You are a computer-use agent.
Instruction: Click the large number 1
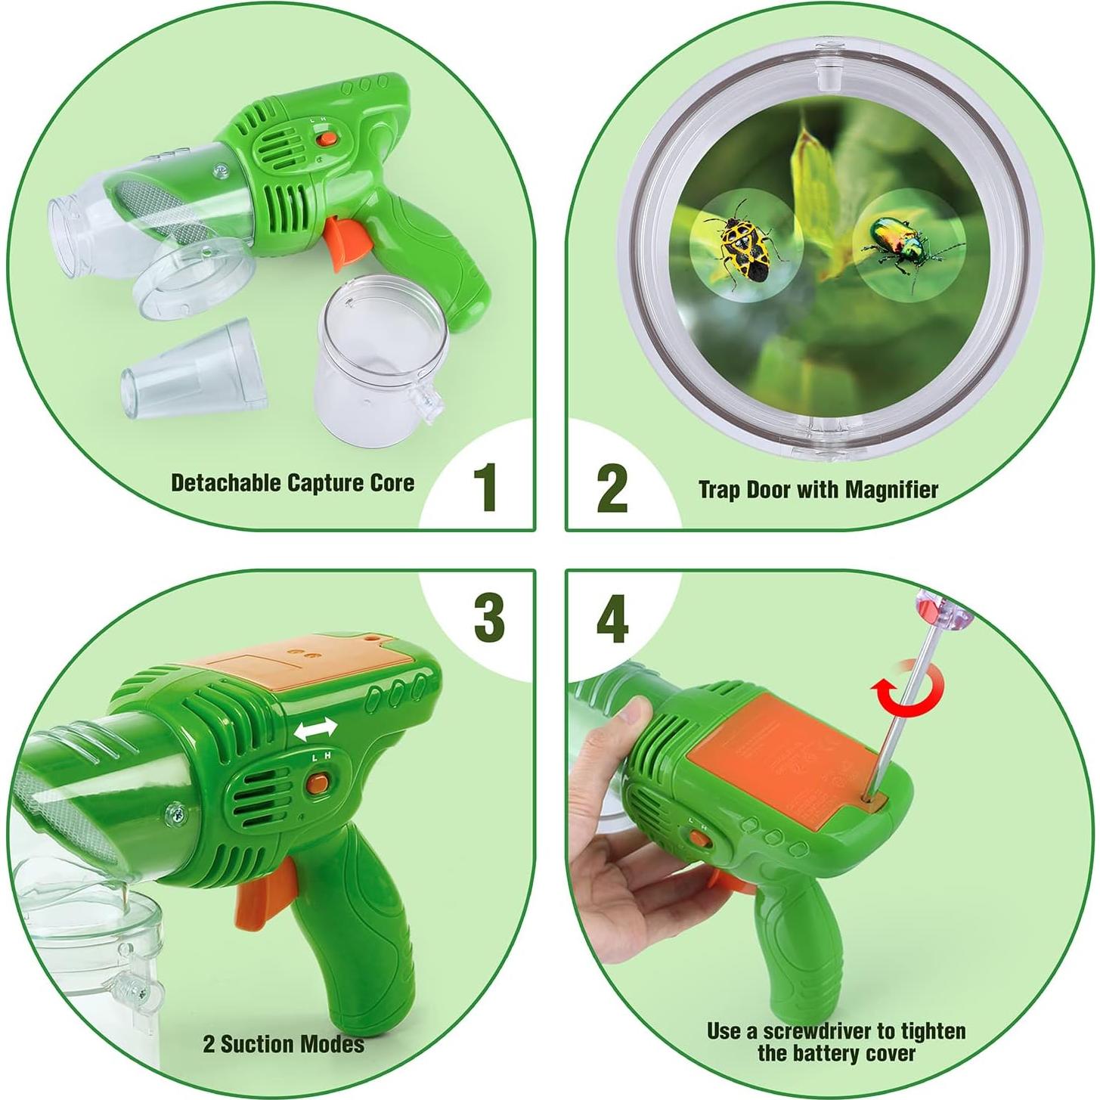coord(485,487)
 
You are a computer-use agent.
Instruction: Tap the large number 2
coord(612,487)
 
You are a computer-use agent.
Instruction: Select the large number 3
coord(488,617)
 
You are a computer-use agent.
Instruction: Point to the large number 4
coord(612,617)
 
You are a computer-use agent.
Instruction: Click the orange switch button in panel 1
coord(327,138)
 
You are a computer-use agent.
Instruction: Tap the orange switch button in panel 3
coord(317,783)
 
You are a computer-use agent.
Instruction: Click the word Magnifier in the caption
coord(891,490)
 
